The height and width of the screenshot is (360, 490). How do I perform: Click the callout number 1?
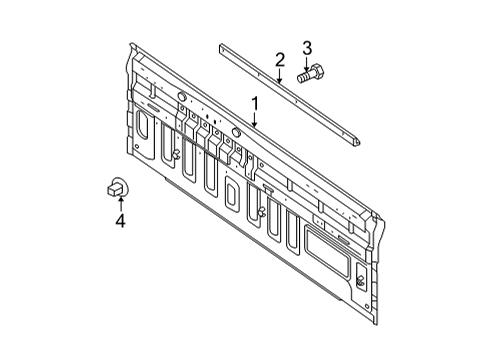coord(256,103)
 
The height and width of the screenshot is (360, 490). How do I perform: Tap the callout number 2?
coord(280,59)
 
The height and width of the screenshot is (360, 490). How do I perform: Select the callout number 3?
coord(308,46)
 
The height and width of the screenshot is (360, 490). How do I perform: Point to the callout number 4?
coord(120,221)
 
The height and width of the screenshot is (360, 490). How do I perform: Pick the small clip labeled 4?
coord(117,185)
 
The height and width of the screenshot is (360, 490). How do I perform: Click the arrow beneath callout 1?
coord(255,119)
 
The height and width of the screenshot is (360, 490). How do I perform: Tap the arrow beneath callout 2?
coord(280,75)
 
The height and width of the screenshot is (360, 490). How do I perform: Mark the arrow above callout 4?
coord(120,203)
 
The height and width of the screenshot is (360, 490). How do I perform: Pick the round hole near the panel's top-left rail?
coord(183,96)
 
